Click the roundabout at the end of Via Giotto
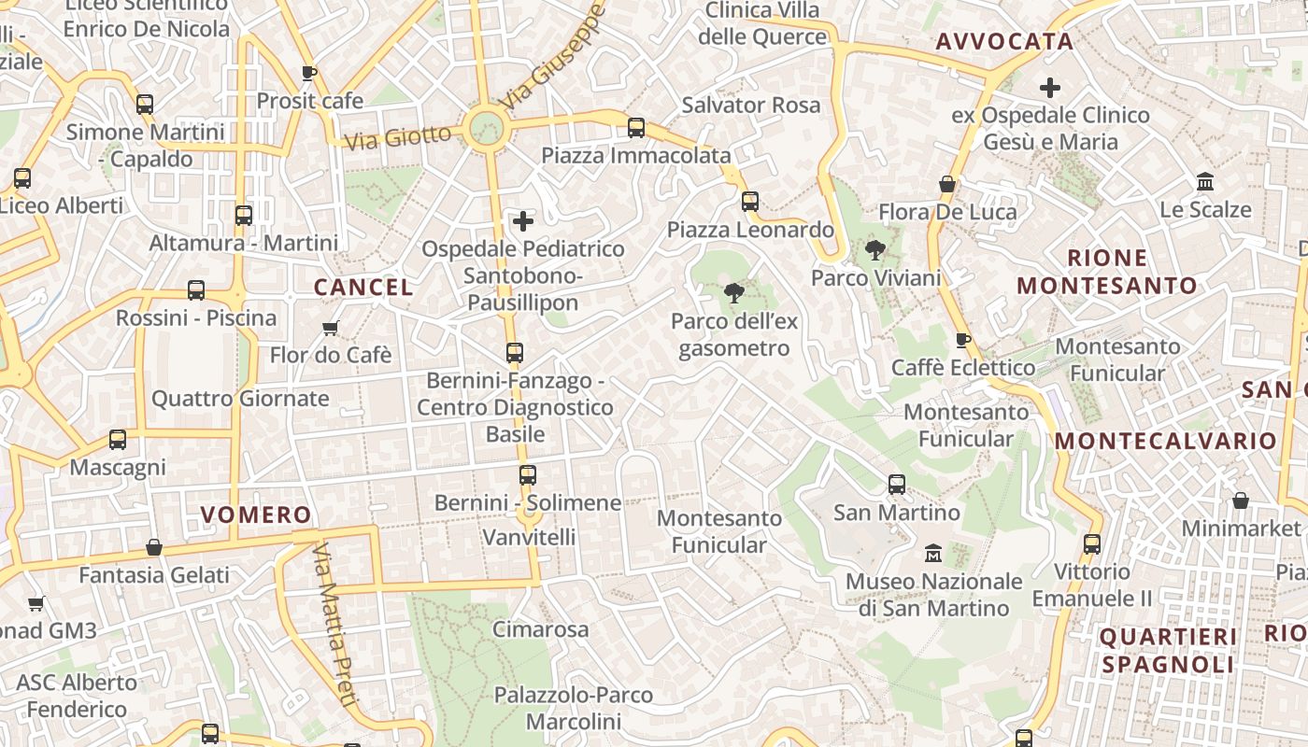486,128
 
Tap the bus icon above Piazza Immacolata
636,128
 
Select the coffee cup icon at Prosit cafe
309,73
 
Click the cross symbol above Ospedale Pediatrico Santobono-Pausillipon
523,221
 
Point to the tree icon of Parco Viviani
875,249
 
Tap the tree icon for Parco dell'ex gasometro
734,293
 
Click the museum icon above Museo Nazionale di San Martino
932,554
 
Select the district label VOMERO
256,514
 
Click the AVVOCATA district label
1004,42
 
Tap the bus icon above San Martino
897,485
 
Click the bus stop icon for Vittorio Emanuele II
1092,543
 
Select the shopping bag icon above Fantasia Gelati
154,547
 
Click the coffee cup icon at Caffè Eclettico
963,340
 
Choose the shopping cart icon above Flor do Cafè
330,328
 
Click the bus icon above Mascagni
118,439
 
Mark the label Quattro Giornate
240,399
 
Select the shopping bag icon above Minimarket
1241,501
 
